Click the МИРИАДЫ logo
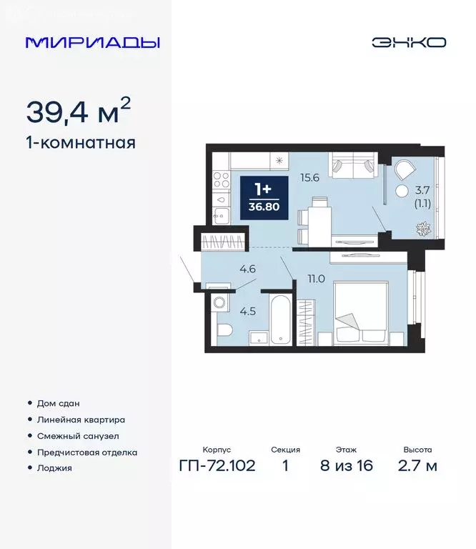point(93,42)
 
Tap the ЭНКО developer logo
point(408,42)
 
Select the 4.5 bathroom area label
point(247,311)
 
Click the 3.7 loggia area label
point(422,189)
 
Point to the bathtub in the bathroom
point(279,318)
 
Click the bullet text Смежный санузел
point(78,436)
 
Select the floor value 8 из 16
point(347,466)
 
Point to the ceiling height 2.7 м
point(417,466)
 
